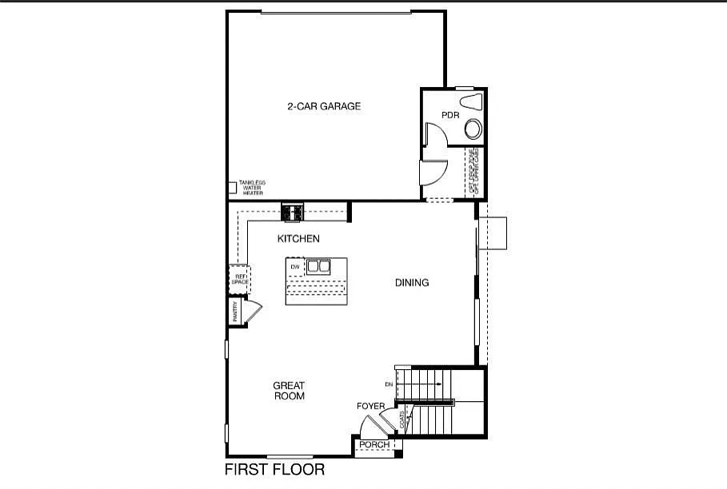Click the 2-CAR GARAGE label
coord(324,106)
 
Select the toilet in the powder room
coord(473,101)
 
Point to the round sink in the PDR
coord(474,129)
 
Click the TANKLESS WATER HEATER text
coord(252,188)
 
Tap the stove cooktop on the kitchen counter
coord(292,213)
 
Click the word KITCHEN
coord(298,239)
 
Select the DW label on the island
coord(295,266)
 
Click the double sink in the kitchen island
coord(318,266)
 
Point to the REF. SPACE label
coord(238,279)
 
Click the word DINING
coord(412,283)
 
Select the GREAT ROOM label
coord(289,391)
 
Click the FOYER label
coord(371,407)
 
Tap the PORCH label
coord(374,445)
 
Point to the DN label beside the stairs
coord(389,384)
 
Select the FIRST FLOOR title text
coord(274,470)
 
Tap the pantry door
coord(253,311)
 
